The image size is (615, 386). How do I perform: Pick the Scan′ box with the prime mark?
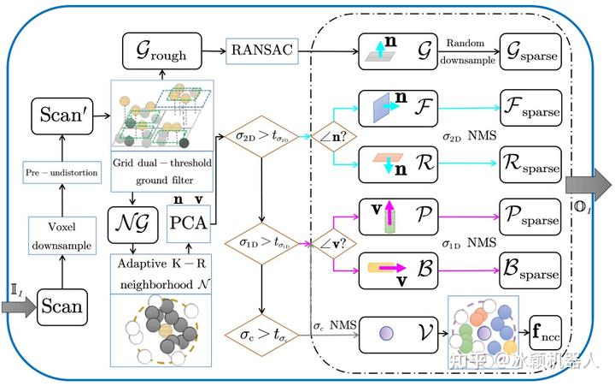62,115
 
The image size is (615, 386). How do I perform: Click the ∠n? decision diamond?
328,135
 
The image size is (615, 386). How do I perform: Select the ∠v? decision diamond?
328,243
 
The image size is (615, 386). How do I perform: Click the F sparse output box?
530,110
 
